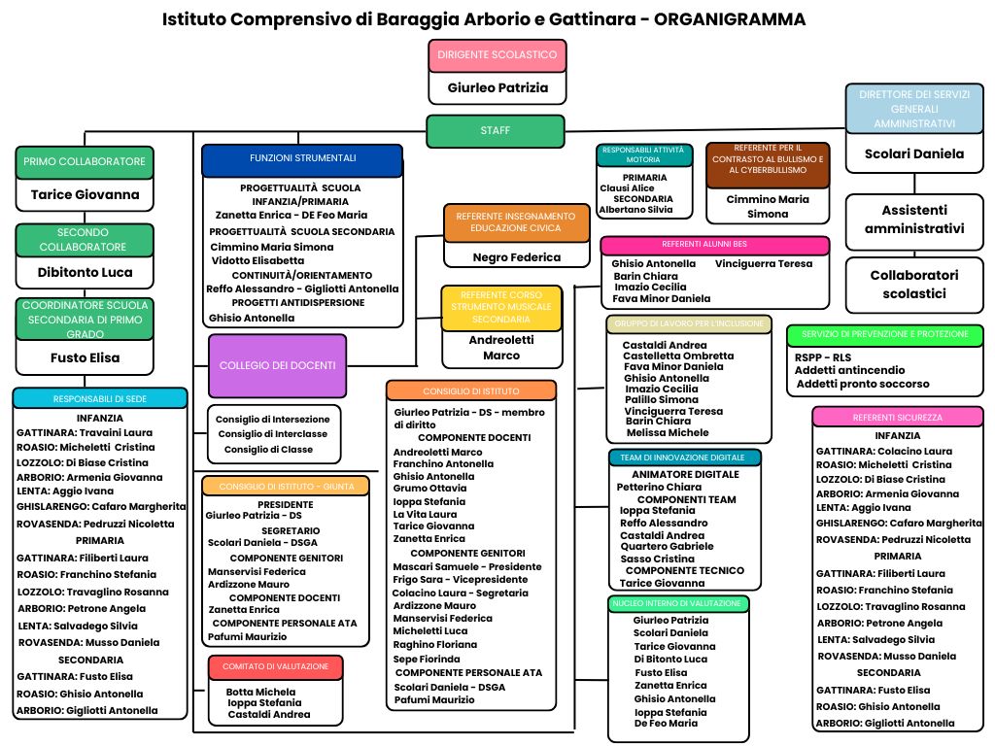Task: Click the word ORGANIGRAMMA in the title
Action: pos(730,19)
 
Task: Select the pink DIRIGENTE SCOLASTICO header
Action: pos(497,55)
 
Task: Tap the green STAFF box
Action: pos(495,131)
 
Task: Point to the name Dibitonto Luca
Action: pos(86,272)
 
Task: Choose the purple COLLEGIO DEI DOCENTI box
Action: pos(277,365)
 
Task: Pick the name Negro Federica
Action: pos(517,256)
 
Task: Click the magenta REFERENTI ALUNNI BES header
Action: pos(714,245)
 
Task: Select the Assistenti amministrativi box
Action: pos(914,220)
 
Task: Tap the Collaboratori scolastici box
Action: pos(914,285)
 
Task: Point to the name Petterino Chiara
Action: pos(659,488)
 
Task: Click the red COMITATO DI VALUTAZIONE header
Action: pos(275,666)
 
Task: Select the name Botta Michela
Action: pos(260,692)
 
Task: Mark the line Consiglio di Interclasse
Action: pos(273,434)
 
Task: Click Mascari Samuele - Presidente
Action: pos(467,566)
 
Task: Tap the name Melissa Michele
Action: pos(668,432)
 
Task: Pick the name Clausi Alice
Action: pos(627,188)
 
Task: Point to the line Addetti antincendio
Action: pos(849,370)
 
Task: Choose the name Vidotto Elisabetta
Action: pos(257,260)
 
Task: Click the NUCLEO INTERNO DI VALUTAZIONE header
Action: pos(677,604)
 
